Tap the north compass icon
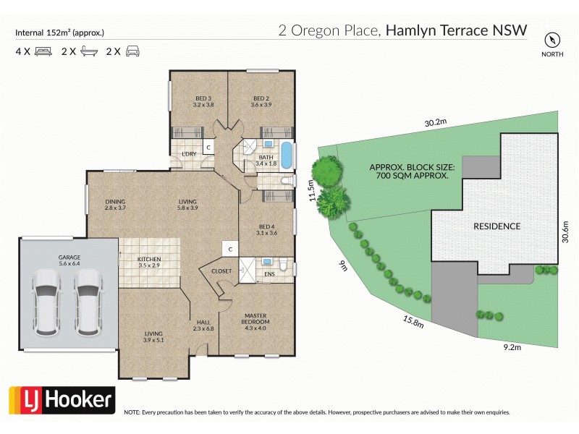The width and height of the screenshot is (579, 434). coord(554,39)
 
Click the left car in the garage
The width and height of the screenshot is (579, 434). coord(46,302)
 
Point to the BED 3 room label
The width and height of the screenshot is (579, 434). coord(203,98)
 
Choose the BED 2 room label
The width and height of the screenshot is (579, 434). coord(261,98)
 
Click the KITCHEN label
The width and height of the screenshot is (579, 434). coord(150,259)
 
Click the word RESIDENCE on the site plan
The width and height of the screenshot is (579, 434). coord(496,226)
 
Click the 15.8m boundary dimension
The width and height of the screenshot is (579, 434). coord(412,319)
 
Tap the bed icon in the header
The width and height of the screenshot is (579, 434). coord(43,51)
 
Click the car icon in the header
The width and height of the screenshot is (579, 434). coord(132,51)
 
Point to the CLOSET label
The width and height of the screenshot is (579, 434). coord(221,271)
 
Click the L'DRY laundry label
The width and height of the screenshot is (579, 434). coord(190,154)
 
